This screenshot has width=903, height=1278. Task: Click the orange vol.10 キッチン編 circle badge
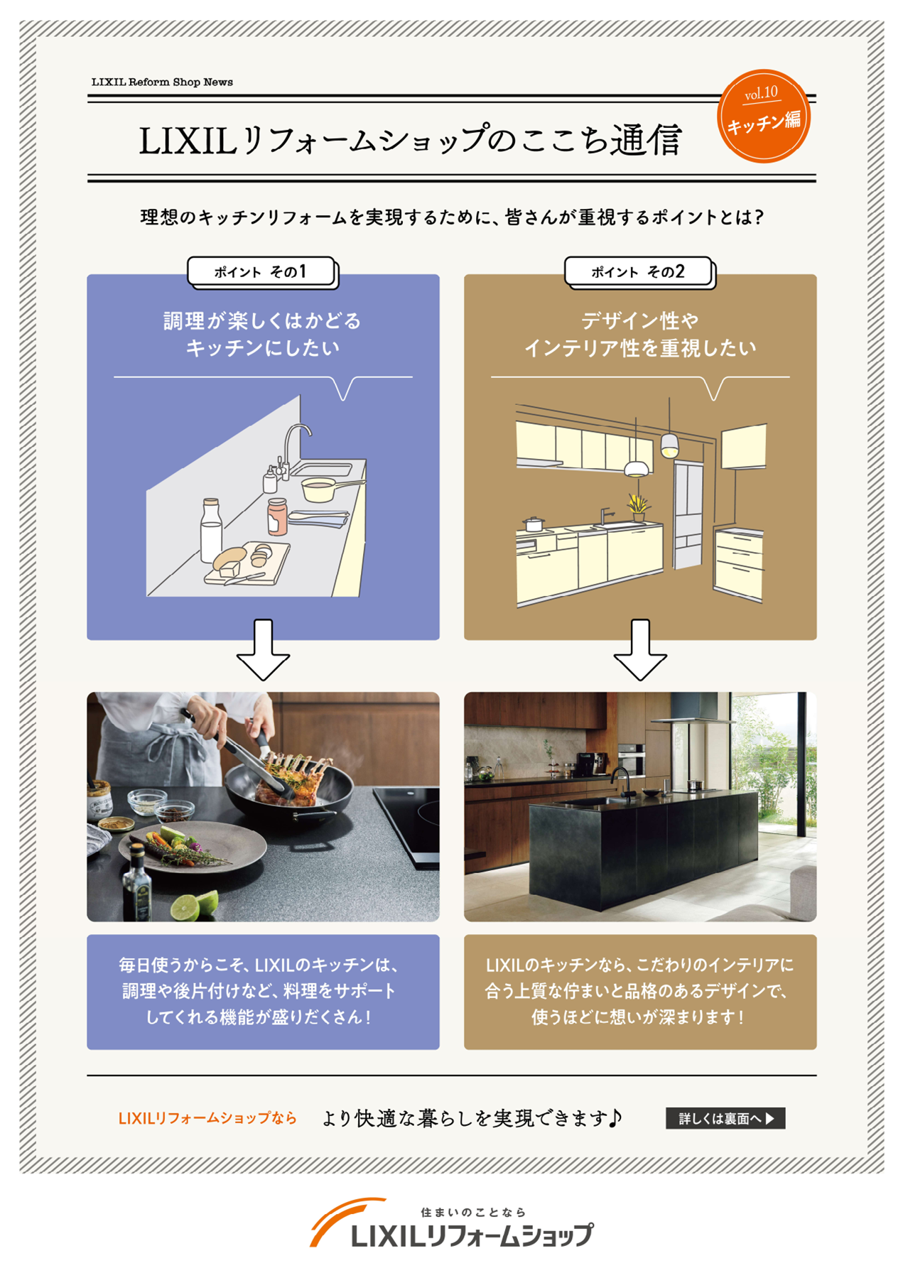point(763,116)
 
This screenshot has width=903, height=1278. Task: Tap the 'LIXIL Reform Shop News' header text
point(162,82)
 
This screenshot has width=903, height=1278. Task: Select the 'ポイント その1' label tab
point(261,271)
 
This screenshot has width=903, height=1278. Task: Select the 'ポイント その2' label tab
point(638,271)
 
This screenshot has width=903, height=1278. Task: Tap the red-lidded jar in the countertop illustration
point(277,516)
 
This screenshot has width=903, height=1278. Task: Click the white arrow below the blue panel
point(263,650)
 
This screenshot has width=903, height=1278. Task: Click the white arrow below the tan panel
point(640,650)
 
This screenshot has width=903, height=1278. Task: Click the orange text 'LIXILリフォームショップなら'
point(207,1118)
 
